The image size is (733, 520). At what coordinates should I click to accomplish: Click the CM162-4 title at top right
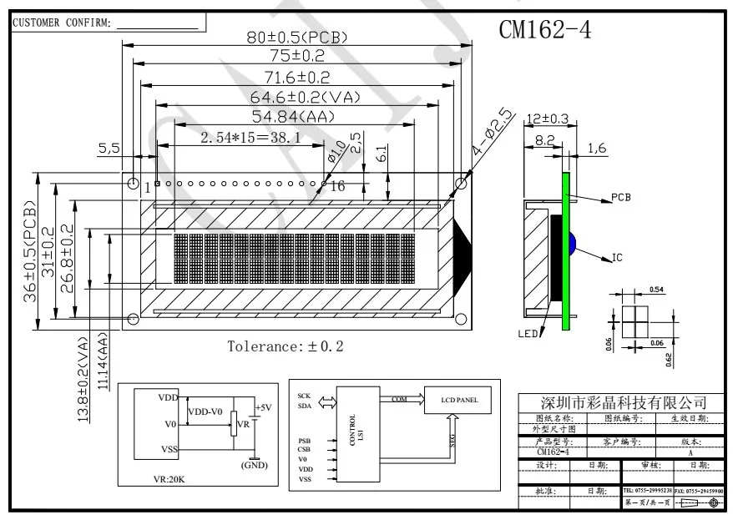[545, 29]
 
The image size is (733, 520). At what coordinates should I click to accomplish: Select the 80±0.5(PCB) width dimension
[293, 38]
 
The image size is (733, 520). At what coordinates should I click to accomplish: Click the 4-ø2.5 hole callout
[492, 129]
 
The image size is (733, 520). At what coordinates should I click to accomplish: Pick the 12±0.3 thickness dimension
[546, 119]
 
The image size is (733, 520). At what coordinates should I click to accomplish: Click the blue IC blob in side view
[574, 243]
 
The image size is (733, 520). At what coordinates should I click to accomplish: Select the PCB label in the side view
[621, 198]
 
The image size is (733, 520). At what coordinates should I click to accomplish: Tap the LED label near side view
[528, 335]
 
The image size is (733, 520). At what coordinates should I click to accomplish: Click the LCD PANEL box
[457, 401]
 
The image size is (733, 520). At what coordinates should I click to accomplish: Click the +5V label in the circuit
[263, 408]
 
